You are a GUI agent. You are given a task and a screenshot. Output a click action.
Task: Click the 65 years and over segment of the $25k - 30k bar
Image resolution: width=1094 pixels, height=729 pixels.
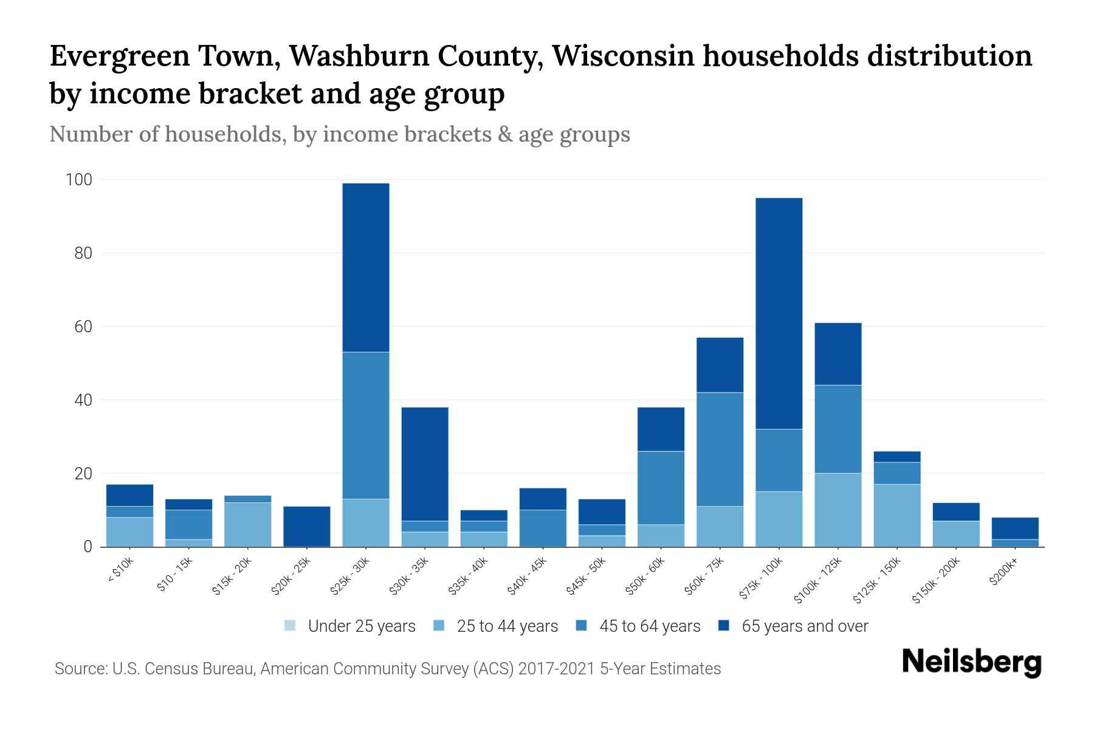click(365, 267)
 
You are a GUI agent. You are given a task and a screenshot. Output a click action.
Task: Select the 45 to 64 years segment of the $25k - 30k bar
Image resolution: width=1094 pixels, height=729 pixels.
click(365, 425)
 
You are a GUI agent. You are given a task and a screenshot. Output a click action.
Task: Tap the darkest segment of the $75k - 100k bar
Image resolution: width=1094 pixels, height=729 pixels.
click(779, 313)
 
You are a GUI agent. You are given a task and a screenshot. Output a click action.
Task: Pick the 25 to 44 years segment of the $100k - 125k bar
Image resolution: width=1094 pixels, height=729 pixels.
click(838, 510)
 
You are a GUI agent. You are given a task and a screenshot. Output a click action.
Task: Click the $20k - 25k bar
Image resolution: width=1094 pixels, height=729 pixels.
click(306, 526)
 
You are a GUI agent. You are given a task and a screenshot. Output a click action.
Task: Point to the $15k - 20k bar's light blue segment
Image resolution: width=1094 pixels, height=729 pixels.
click(247, 524)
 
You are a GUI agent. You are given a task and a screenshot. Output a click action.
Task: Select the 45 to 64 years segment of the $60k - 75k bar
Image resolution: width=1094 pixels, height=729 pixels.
click(720, 450)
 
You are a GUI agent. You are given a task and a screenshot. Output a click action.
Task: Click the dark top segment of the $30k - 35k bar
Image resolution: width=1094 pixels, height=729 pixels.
click(425, 464)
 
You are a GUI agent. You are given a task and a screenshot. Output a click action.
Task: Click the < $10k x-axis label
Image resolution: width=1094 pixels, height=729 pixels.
click(120, 572)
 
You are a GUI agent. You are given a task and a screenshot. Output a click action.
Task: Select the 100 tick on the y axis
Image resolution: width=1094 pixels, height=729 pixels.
click(79, 180)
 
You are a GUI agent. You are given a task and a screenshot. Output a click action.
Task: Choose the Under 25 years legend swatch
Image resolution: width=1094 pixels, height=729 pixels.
click(291, 626)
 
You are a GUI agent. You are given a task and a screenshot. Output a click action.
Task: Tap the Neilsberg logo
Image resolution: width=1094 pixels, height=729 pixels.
click(971, 662)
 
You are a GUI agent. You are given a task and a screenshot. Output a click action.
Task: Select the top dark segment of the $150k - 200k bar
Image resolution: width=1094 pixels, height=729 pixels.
click(955, 512)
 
